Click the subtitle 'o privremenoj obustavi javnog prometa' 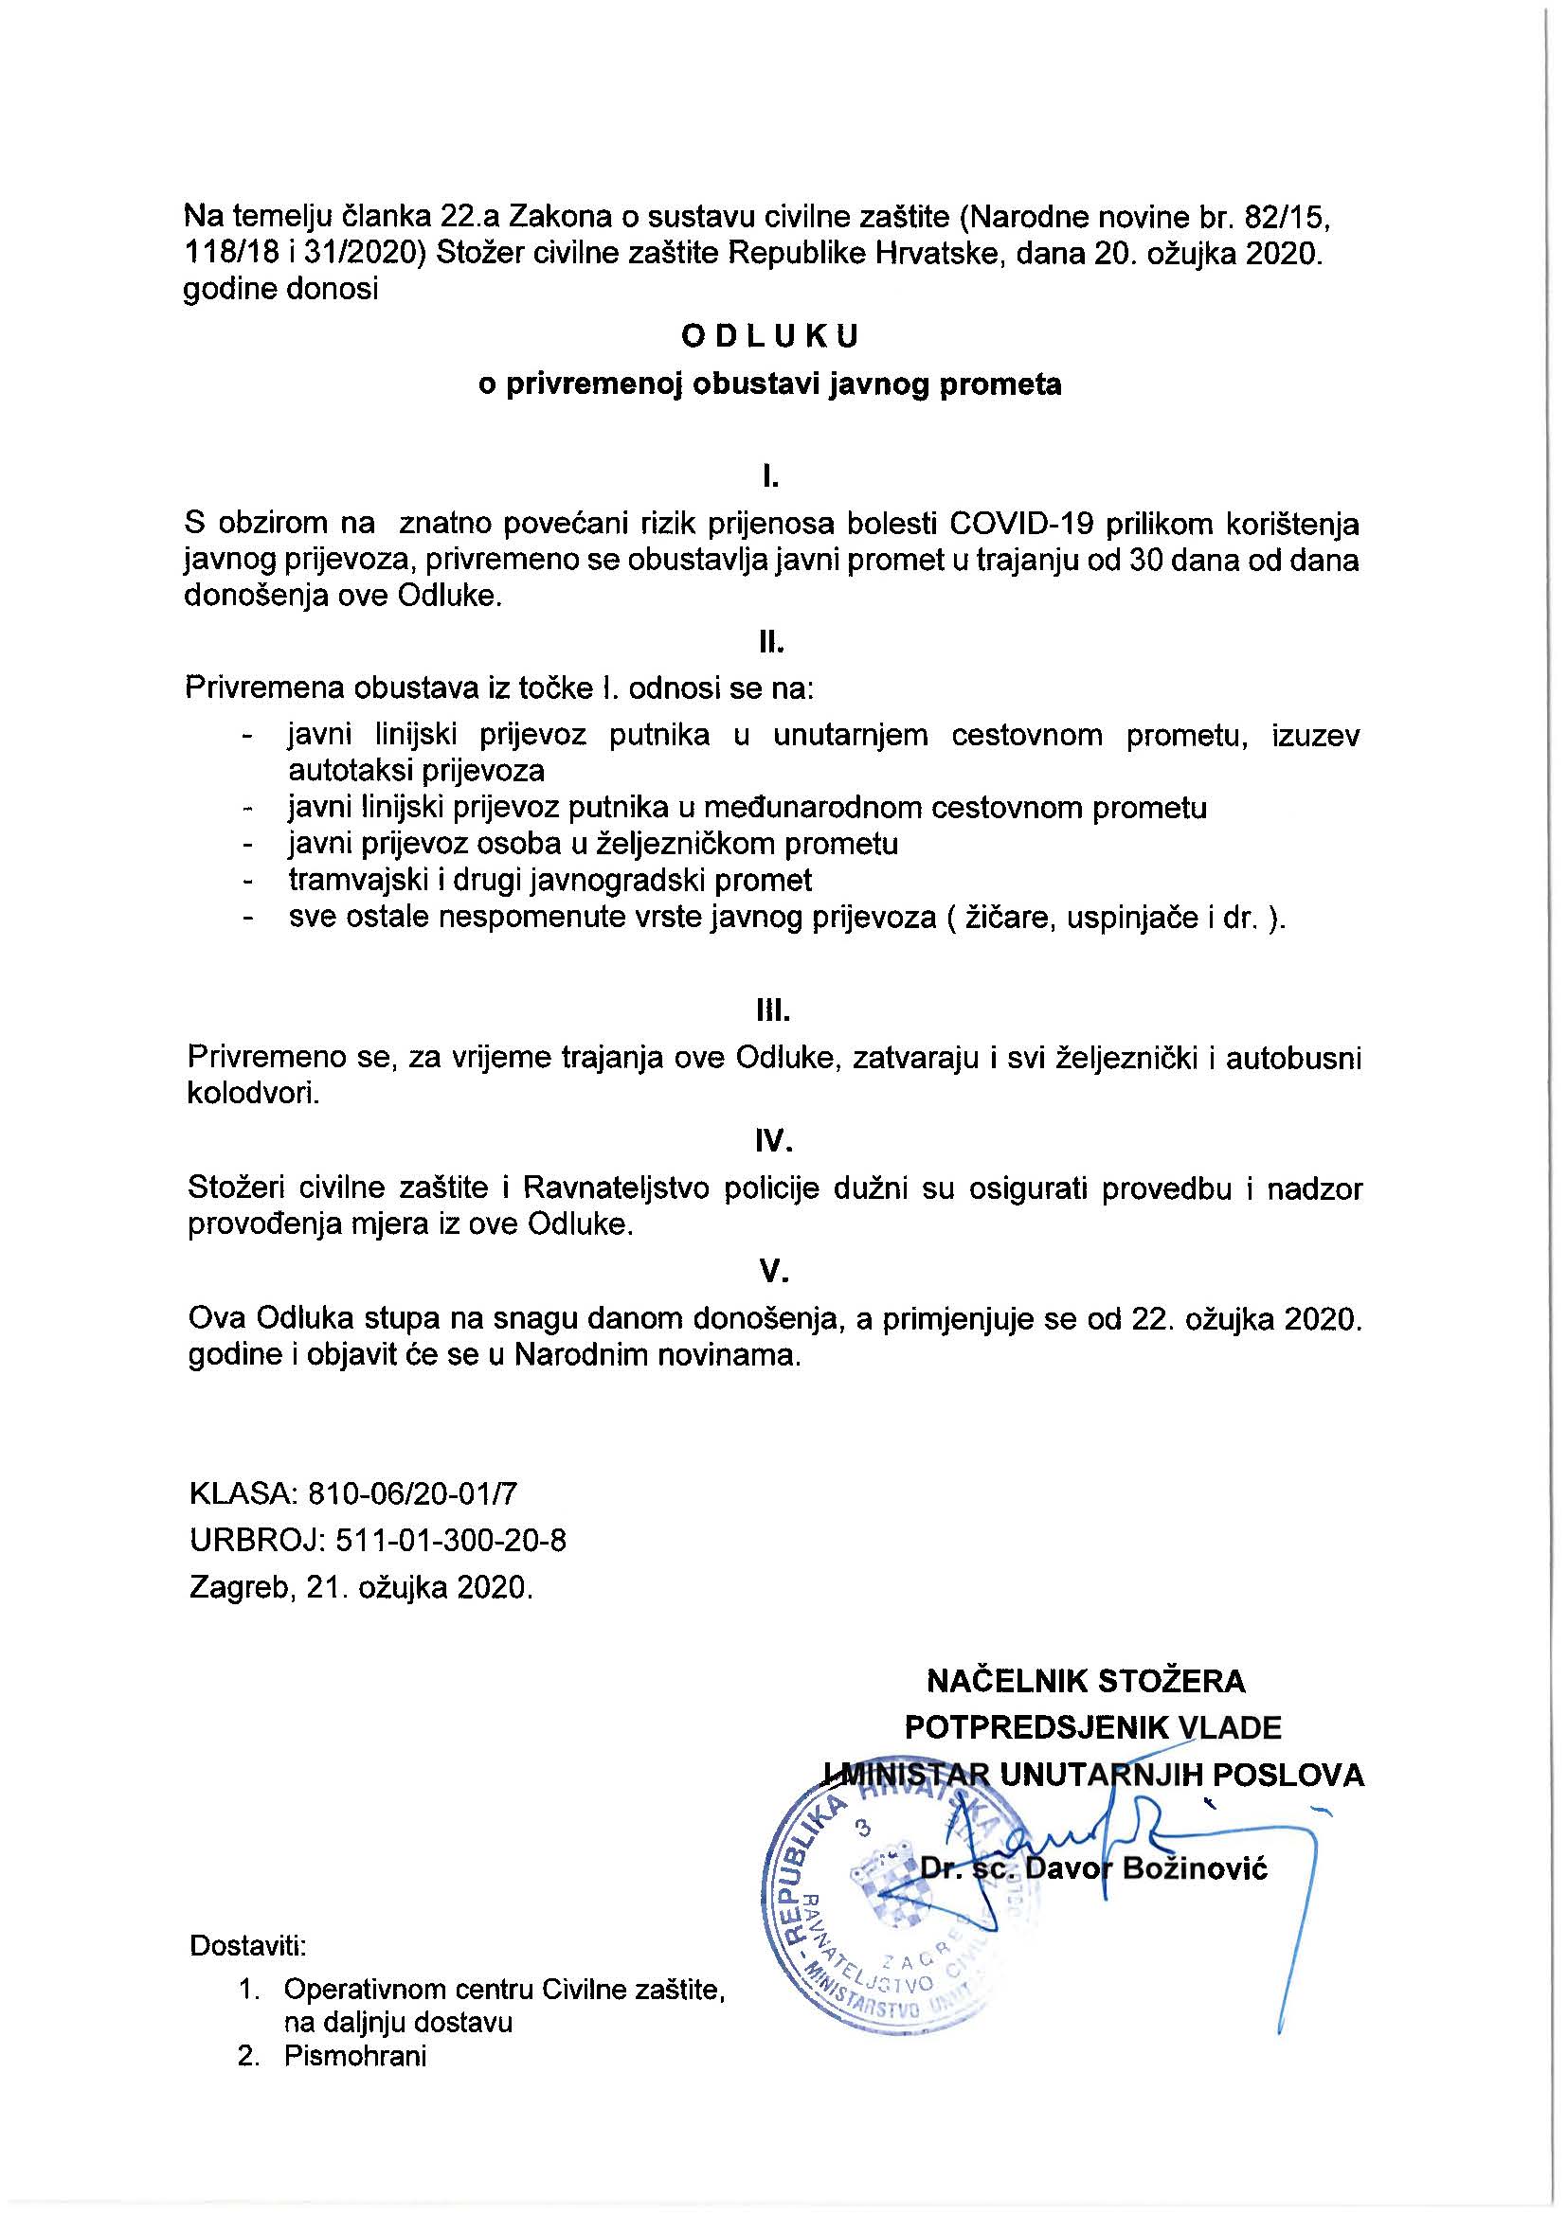[x=771, y=384]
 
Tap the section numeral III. [x=773, y=1012]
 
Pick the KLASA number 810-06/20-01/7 [x=412, y=1494]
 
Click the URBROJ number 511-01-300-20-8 [x=451, y=1541]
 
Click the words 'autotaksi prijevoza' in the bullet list [x=416, y=771]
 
